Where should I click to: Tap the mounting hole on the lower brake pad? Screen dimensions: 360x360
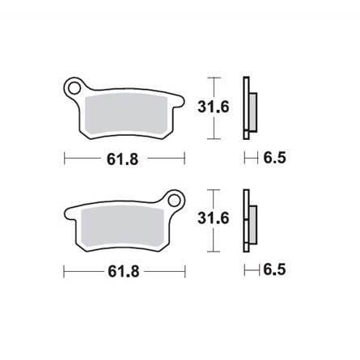click(174, 197)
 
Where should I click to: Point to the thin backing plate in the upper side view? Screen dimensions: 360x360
click(246, 105)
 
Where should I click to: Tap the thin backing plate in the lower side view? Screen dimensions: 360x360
click(246, 218)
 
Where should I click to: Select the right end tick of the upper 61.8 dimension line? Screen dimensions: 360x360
click(185, 159)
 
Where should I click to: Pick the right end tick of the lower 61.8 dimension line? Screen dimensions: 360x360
click(185, 270)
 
